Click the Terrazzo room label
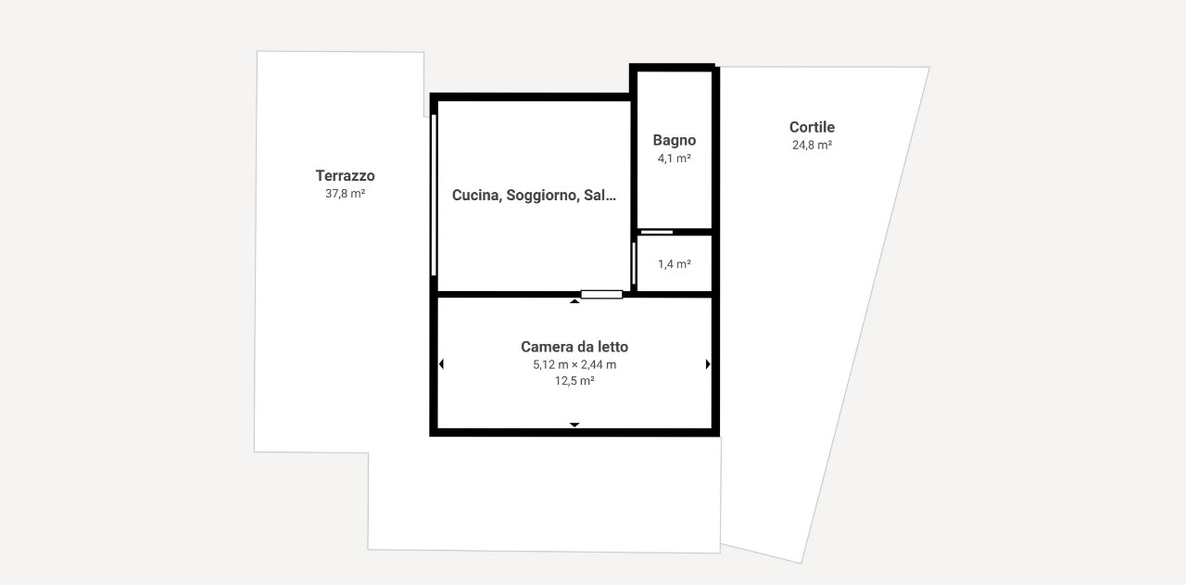click(x=346, y=175)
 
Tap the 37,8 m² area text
click(x=346, y=194)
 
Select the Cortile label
click(x=812, y=127)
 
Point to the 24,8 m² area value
click(x=812, y=145)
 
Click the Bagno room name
click(x=674, y=140)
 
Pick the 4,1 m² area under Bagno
click(x=674, y=158)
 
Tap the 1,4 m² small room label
click(x=674, y=264)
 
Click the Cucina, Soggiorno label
click(x=514, y=196)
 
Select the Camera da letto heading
click(x=574, y=347)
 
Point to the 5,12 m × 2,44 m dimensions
click(x=574, y=364)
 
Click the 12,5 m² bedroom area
click(x=574, y=380)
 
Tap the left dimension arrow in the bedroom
click(x=441, y=364)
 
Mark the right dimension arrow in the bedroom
click(x=708, y=364)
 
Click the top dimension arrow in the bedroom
click(x=574, y=301)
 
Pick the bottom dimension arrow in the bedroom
click(x=574, y=425)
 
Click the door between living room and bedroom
click(x=601, y=295)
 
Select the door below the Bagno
click(x=657, y=232)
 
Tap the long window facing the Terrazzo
click(x=434, y=195)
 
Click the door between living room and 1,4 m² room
click(x=633, y=263)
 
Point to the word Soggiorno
click(x=541, y=196)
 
